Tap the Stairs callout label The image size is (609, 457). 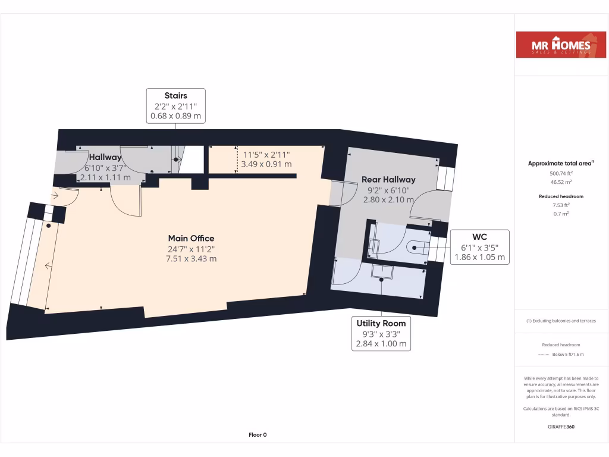coord(176,95)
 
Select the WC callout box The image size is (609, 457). coord(479,247)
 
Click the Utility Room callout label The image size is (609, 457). coord(381,323)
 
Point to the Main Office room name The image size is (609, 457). coord(191,239)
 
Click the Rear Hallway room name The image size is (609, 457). coord(388,179)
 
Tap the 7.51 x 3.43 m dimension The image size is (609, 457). coord(191,259)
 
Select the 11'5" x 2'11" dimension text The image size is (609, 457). coord(267,154)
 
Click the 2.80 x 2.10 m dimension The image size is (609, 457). coord(388,200)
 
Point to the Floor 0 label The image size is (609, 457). coord(258,435)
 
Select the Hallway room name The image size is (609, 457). coord(105,157)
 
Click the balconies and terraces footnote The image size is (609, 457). coord(561,321)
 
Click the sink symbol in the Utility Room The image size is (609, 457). coord(382,271)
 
